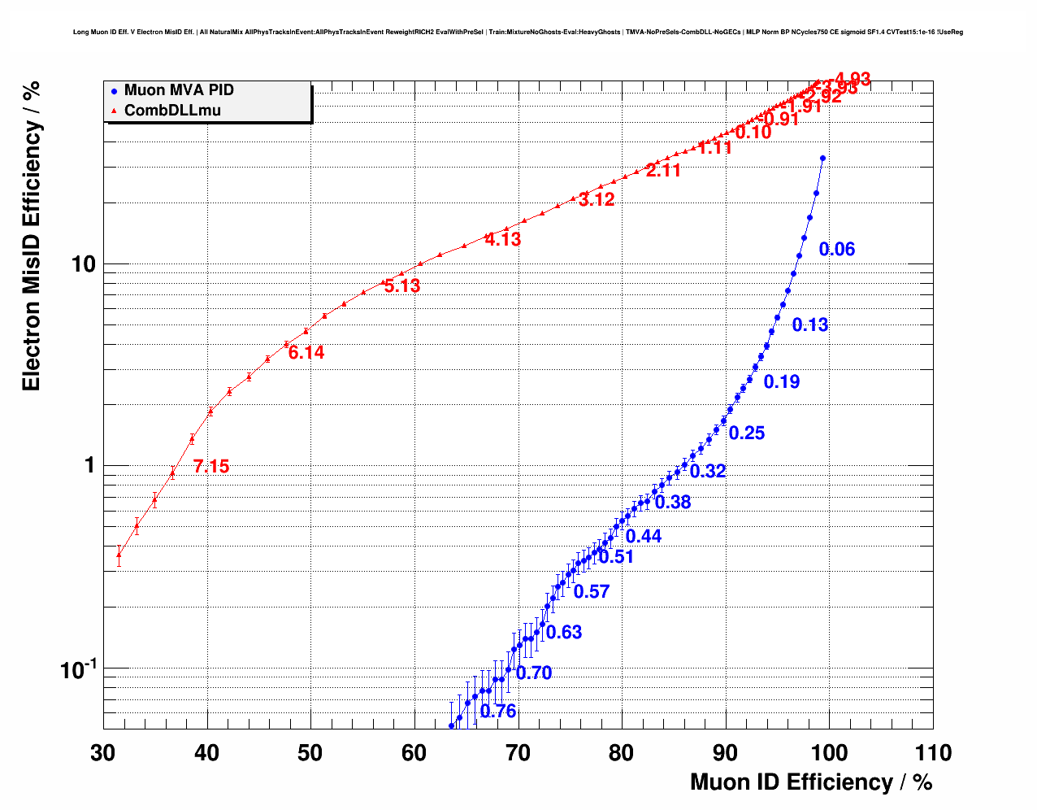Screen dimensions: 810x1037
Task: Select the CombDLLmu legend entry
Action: [171, 111]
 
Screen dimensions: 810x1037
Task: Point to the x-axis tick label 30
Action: [103, 753]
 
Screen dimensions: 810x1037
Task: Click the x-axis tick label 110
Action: [932, 753]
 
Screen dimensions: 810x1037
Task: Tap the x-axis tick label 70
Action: [518, 753]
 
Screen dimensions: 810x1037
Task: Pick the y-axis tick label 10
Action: [80, 264]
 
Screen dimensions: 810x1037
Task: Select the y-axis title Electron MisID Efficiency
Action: [31, 236]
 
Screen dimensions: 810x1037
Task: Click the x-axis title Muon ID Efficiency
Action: [810, 782]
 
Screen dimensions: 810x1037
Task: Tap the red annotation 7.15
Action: [211, 467]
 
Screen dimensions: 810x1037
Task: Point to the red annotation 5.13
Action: [402, 286]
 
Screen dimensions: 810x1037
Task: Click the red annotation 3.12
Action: [597, 200]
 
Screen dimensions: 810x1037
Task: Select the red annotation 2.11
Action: [663, 171]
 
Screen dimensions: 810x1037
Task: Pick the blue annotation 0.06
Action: [837, 250]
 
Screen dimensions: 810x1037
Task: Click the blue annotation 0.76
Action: [498, 712]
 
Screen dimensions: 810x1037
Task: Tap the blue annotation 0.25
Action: [747, 433]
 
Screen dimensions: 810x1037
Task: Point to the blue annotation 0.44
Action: [644, 537]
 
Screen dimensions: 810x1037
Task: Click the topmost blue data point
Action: [822, 159]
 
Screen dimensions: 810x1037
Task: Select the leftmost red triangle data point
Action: [119, 555]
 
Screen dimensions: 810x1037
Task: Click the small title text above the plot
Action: [518, 33]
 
